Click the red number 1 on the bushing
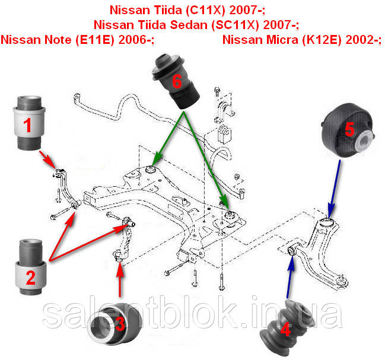click(x=27, y=125)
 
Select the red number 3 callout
click(x=120, y=324)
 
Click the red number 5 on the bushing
click(x=349, y=128)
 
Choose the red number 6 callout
click(x=176, y=82)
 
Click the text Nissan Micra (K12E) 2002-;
click(x=302, y=40)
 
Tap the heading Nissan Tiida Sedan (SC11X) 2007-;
click(x=196, y=25)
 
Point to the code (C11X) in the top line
click(x=217, y=10)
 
